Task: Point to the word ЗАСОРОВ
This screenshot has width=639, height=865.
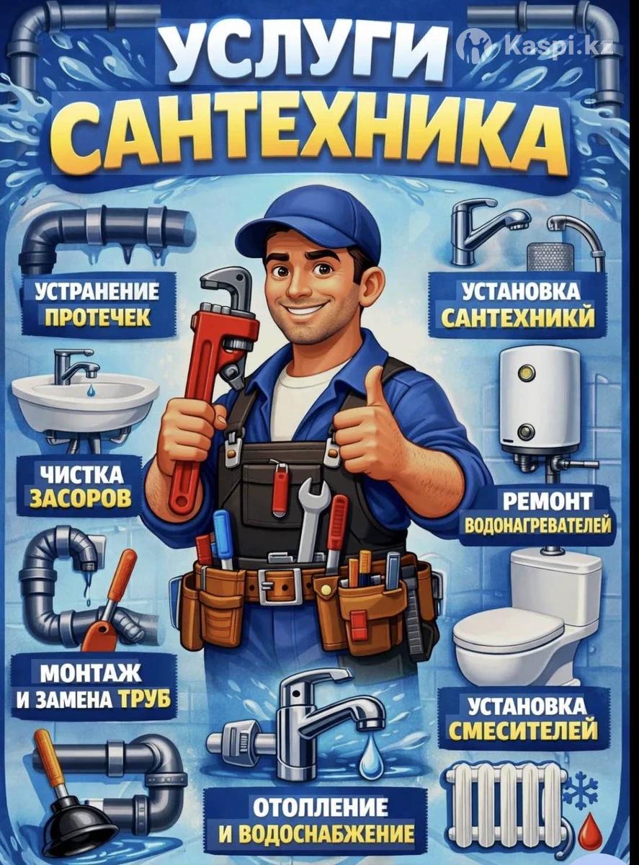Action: coord(81,498)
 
